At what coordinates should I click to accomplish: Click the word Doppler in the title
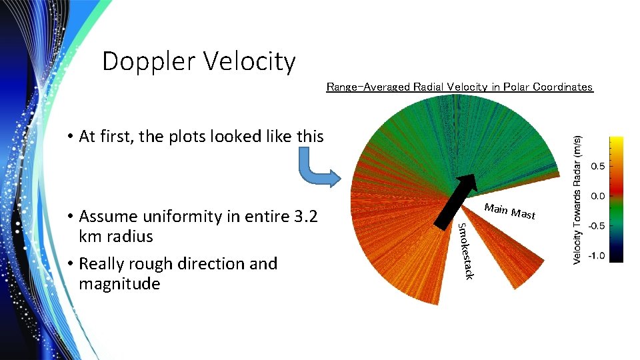coord(148,62)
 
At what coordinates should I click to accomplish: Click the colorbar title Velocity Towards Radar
coord(579,200)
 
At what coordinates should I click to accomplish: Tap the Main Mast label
coord(509,211)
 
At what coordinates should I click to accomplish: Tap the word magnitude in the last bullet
coord(119,284)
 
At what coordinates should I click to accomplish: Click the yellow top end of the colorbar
coord(616,141)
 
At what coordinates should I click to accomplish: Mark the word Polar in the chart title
coord(514,87)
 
